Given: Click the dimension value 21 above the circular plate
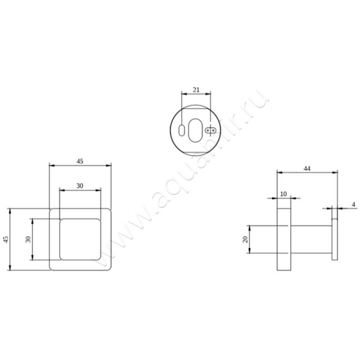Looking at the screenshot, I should point(196,90).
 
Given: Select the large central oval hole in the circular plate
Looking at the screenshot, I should point(196,130).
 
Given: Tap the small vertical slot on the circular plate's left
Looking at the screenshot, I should point(181,130).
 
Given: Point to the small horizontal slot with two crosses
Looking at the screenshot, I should point(211,130).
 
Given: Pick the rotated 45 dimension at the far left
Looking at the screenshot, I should point(6,239).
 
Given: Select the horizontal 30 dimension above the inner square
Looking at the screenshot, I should point(79,186).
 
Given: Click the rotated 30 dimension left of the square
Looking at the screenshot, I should point(28,239).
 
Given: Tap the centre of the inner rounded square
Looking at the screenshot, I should point(81,239).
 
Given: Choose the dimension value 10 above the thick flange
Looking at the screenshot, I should point(283,194).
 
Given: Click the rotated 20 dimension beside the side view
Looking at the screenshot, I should point(245,239).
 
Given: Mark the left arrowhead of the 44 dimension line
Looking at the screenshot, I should point(278,172).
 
